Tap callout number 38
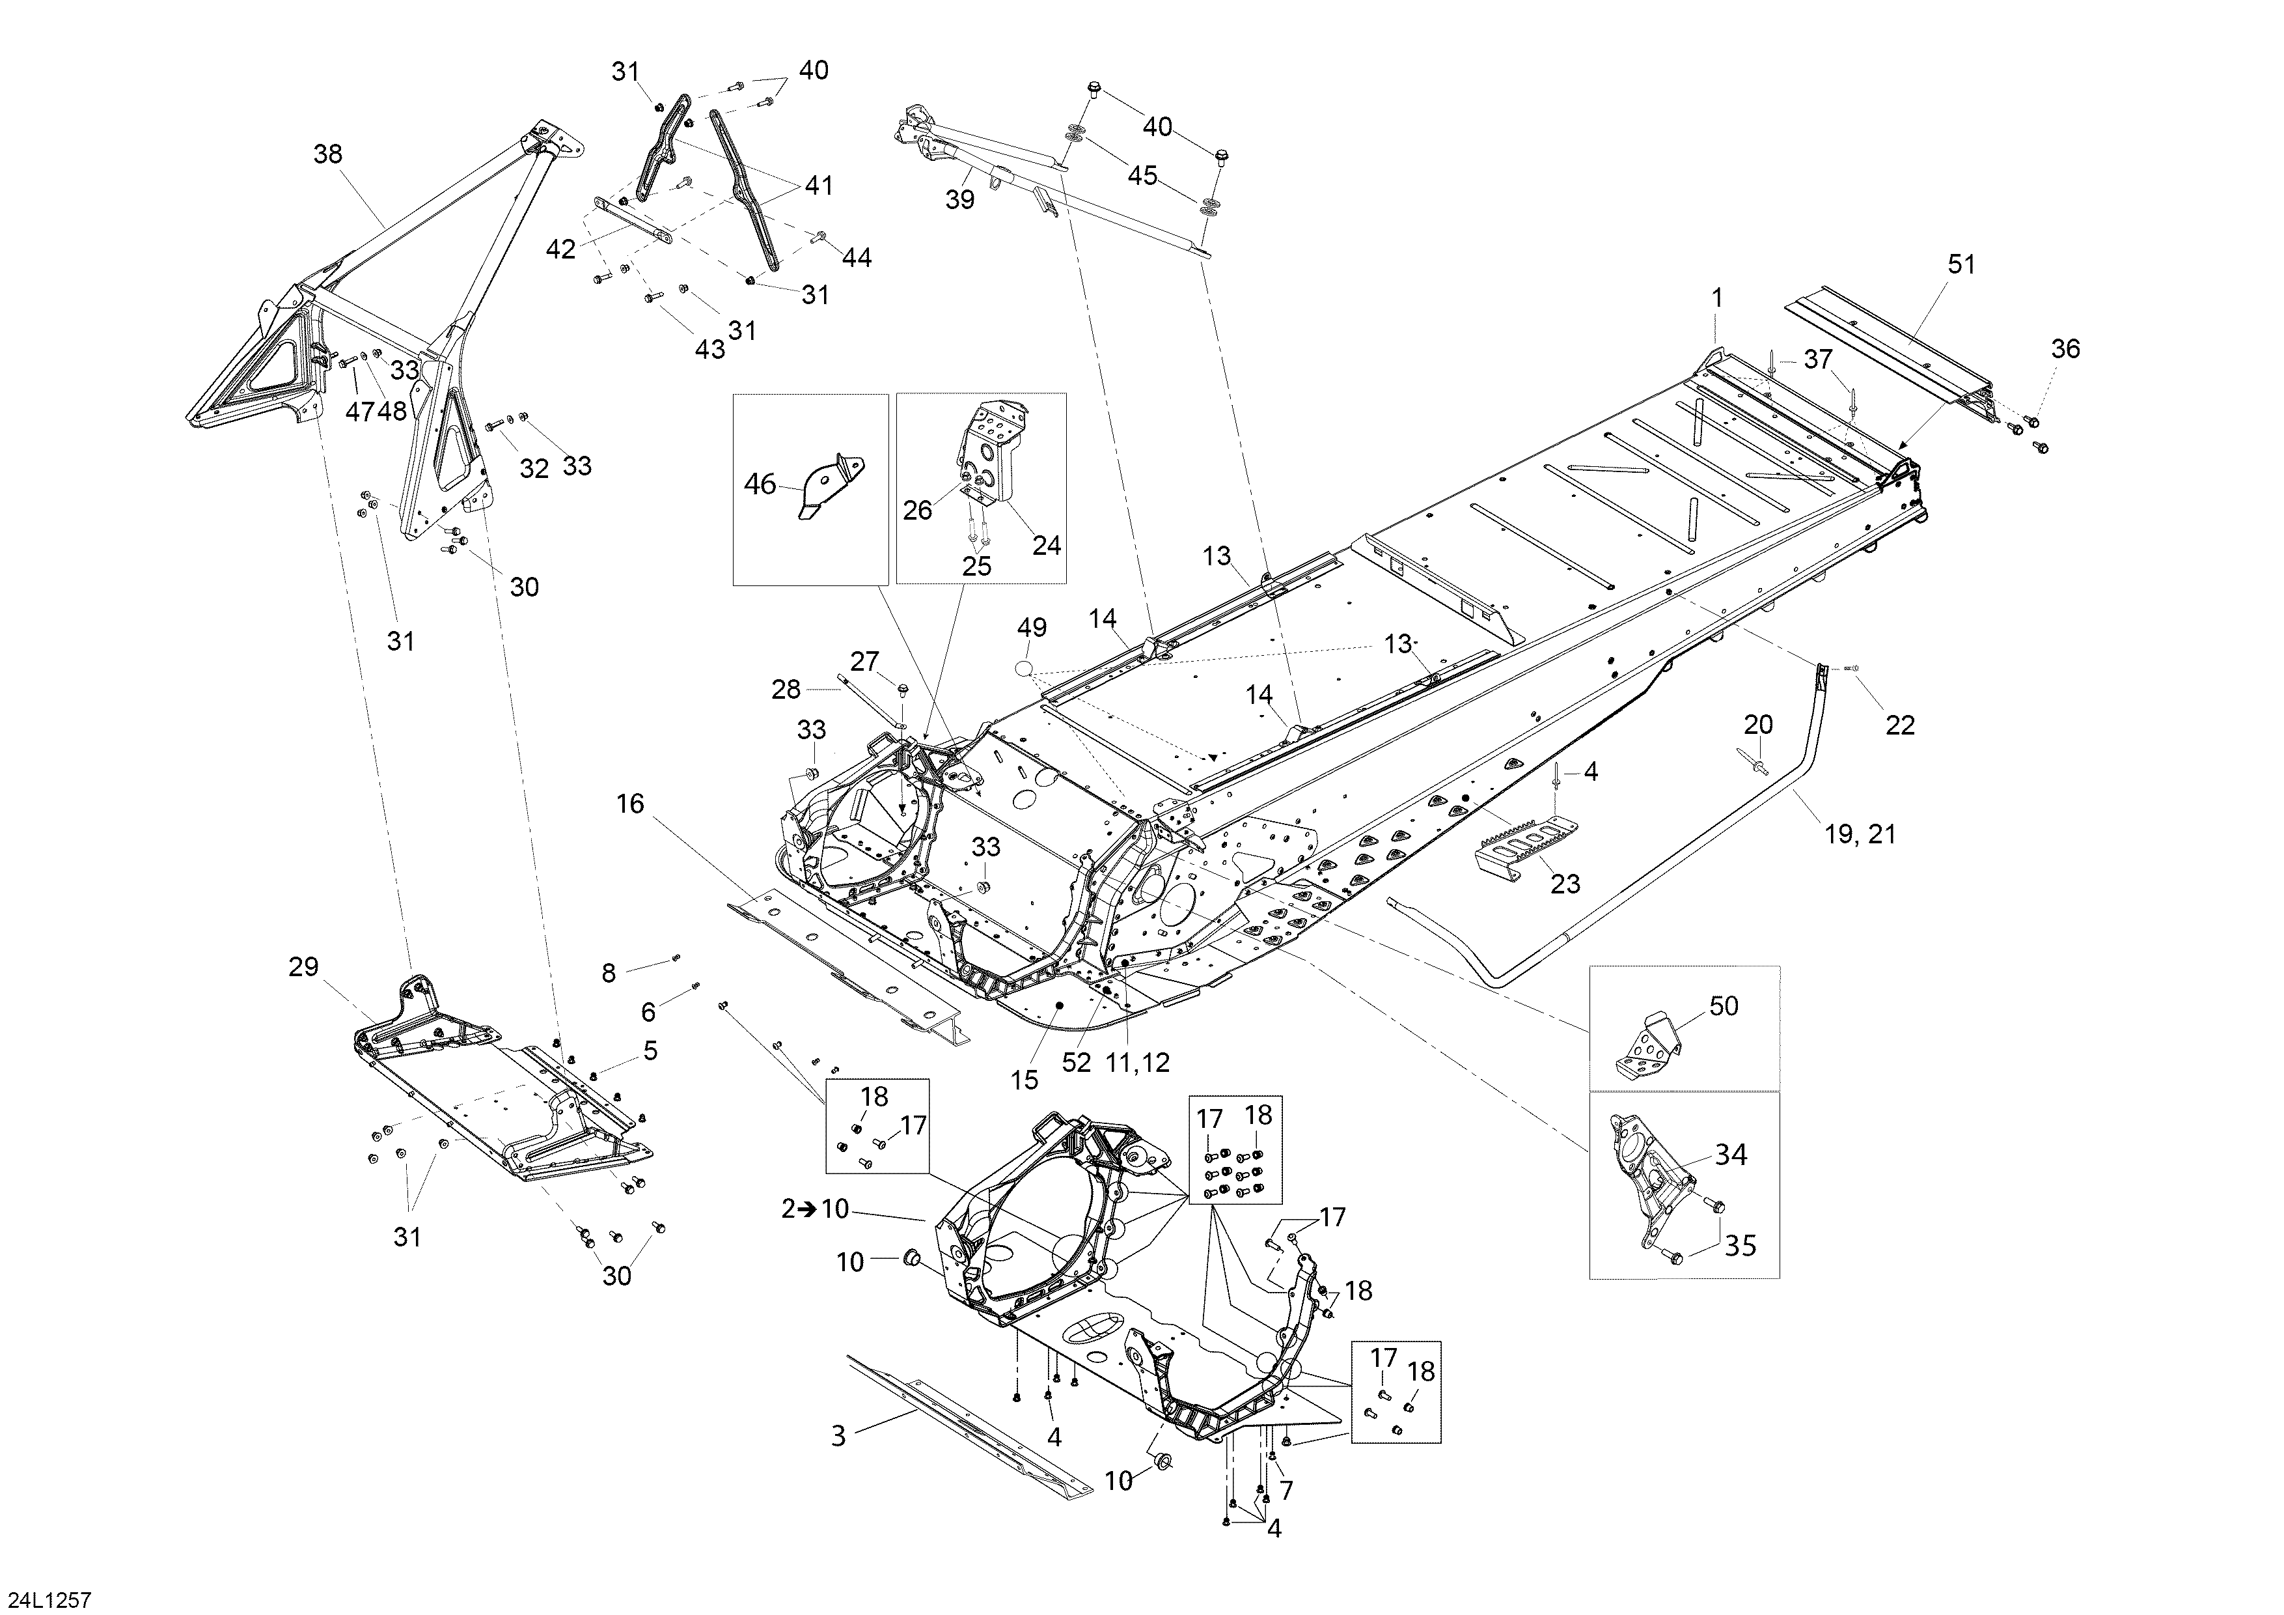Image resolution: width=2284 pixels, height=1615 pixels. click(327, 154)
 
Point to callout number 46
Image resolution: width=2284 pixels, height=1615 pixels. click(760, 484)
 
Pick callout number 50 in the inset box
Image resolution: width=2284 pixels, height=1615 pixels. click(1724, 1006)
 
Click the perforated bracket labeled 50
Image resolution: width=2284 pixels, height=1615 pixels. click(1648, 1045)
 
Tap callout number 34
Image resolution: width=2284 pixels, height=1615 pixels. click(1731, 1155)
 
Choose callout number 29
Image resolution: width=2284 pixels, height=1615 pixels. click(303, 966)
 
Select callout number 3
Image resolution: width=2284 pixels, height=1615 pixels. click(838, 1437)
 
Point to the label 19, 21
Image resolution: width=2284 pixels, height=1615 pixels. click(1861, 834)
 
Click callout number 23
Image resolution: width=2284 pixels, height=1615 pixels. click(1566, 884)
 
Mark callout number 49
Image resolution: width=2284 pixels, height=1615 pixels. click(1032, 628)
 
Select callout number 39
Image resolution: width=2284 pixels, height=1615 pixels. click(960, 200)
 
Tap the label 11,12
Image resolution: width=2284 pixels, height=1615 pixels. click(1138, 1063)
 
